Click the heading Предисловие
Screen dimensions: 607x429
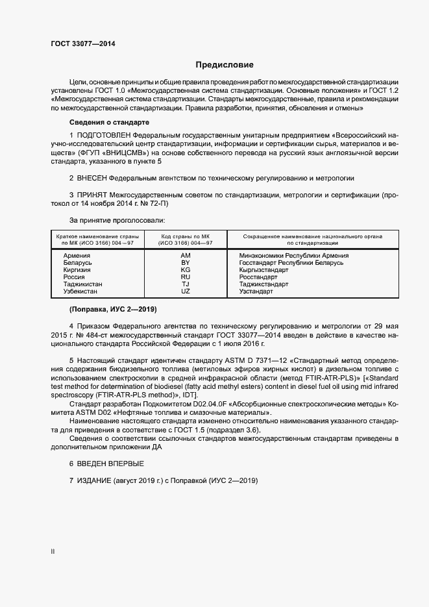225,65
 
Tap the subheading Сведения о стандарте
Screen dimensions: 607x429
109,123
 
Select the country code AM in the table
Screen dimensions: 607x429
186,256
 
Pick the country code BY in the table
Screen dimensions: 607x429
186,263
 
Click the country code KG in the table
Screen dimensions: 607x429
186,270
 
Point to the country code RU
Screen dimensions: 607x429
186,277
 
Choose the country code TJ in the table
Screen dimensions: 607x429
186,284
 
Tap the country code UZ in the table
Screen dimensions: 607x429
186,291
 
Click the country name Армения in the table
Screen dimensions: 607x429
77,256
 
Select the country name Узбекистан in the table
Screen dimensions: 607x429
82,291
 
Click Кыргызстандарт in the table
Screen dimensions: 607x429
264,270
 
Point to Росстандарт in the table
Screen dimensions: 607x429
258,277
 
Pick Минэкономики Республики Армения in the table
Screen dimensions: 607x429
294,256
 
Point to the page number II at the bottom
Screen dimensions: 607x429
53,552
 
